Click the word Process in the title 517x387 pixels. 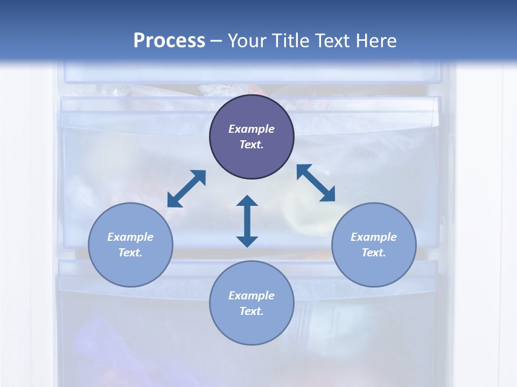coord(169,41)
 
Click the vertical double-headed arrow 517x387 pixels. coord(247,221)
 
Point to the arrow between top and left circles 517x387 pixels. coord(186,189)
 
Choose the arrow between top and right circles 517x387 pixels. coord(316,183)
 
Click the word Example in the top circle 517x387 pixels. coord(251,129)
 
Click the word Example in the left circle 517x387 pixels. coord(130,237)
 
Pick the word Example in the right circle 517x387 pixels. coord(374,237)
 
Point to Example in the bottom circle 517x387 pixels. coord(251,296)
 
